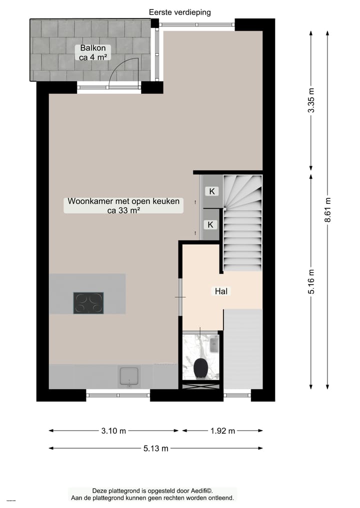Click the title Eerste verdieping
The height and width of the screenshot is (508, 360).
point(180,12)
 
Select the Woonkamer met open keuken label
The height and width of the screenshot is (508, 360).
point(123,206)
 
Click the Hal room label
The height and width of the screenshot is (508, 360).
point(221,291)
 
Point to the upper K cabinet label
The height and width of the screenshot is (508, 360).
point(212,191)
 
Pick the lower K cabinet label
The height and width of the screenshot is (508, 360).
point(210,225)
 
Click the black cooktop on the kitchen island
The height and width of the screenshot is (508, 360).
point(88,303)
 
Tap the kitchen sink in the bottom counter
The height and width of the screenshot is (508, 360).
point(129,376)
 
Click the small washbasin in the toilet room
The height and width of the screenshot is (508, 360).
point(214,344)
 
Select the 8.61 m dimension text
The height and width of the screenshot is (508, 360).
point(327,210)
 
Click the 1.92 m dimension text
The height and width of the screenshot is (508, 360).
point(221,431)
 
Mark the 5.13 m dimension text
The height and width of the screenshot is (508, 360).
point(155,449)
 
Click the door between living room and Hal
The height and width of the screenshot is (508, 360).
point(180,297)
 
